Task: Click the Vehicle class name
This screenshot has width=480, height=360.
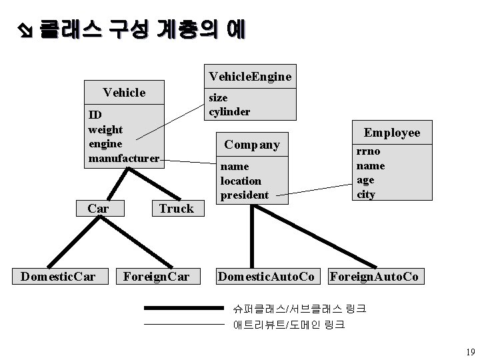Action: (124, 92)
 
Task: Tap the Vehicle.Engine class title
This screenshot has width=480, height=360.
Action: (250, 77)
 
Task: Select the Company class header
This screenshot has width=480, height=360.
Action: (252, 144)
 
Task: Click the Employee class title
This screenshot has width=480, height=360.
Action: (391, 133)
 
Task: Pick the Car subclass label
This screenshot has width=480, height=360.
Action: (98, 208)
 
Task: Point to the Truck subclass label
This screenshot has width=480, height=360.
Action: (176, 208)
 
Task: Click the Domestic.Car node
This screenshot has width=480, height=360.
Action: (57, 275)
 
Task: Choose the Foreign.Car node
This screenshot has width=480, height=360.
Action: (153, 275)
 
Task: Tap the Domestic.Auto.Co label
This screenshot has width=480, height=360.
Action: (267, 275)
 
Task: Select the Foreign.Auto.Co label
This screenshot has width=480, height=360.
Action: (375, 275)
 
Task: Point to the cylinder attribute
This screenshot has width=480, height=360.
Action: (229, 112)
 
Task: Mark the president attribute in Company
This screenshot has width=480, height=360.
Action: (244, 195)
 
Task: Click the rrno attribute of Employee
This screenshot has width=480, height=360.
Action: (368, 151)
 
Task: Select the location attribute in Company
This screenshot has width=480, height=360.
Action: (241, 181)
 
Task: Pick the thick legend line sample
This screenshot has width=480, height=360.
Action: (183, 309)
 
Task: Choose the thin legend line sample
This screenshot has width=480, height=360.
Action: (183, 325)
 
